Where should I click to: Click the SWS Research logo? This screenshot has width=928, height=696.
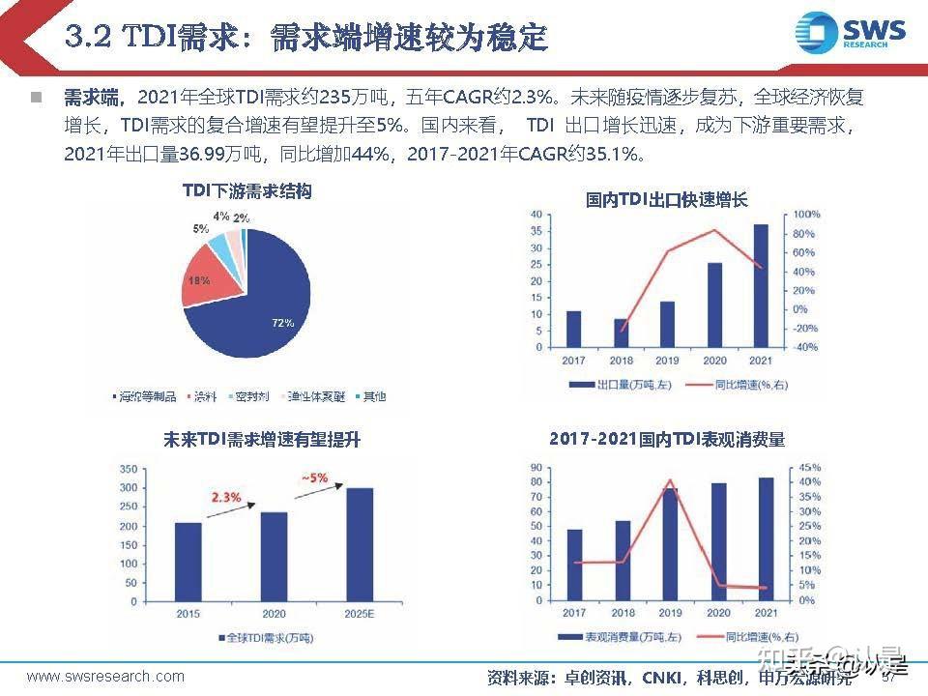pyautogui.click(x=850, y=34)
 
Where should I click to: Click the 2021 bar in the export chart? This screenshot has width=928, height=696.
pyautogui.click(x=761, y=286)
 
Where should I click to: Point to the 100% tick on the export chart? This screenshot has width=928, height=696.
pyautogui.click(x=806, y=214)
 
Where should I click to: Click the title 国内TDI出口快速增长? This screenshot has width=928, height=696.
pyautogui.click(x=666, y=200)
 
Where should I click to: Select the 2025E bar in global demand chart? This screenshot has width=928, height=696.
pyautogui.click(x=360, y=545)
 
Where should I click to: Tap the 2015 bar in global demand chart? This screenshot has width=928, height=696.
pyautogui.click(x=188, y=563)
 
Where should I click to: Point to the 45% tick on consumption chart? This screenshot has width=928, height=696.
pyautogui.click(x=811, y=468)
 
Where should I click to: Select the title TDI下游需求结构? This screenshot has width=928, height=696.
pyautogui.click(x=247, y=191)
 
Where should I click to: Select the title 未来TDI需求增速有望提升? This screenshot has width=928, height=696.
pyautogui.click(x=261, y=440)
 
